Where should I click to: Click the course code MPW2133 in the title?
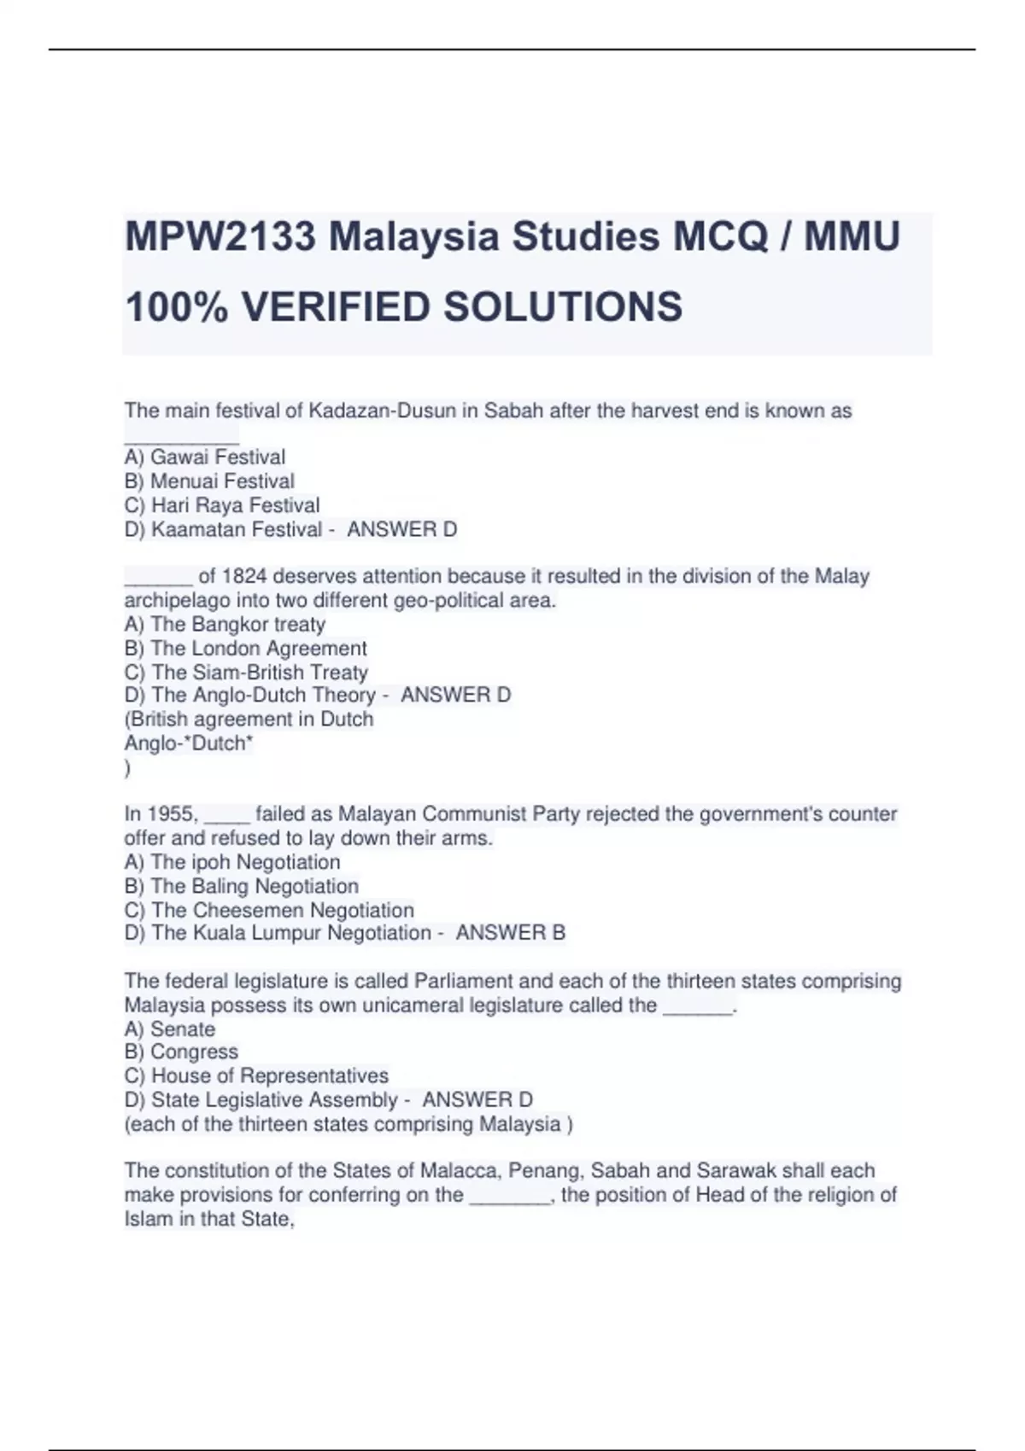point(220,236)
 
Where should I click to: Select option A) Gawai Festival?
point(205,457)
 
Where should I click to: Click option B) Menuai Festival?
point(209,481)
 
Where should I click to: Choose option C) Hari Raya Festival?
point(222,505)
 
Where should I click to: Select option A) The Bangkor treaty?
point(225,625)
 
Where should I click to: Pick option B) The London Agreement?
point(245,649)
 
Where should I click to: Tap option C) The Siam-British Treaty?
point(246,673)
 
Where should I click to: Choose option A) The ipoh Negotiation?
point(232,862)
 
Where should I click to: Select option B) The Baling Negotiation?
point(241,886)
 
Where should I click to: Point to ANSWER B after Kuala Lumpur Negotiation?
point(511,933)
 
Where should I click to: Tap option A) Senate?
point(170,1029)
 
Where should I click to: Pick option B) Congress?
point(181,1052)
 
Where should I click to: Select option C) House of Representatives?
point(256,1075)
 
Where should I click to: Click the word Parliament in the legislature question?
point(456,982)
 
